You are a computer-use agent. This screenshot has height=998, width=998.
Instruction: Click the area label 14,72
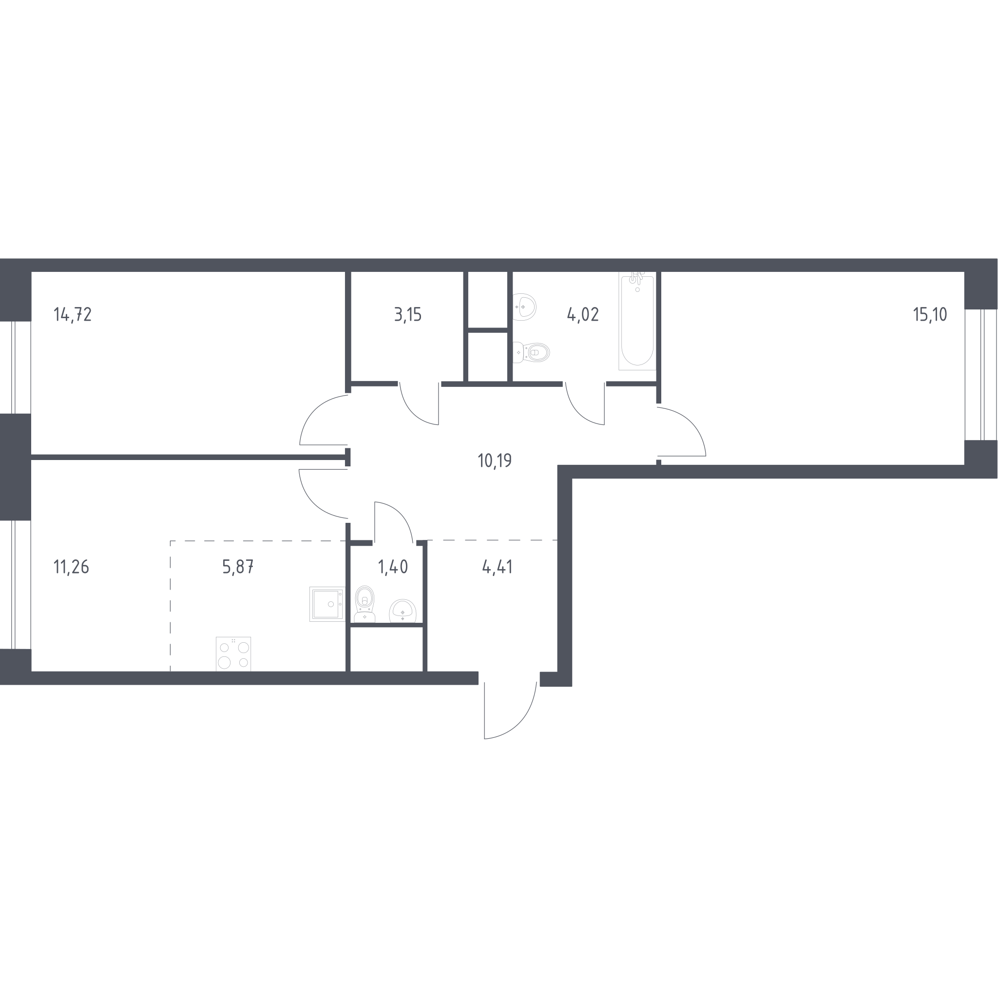point(73,314)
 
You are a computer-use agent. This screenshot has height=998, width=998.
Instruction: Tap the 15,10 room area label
point(930,314)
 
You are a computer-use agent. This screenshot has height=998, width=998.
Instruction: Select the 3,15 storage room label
point(408,314)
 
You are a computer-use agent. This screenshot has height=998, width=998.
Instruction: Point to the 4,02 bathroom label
point(583,314)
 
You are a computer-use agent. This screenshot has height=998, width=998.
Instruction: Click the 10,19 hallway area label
point(495,460)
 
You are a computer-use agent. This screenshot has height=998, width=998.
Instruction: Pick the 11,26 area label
point(71,567)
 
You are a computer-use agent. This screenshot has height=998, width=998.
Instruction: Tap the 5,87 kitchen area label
point(238,567)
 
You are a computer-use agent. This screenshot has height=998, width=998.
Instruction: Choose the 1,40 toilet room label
point(393,567)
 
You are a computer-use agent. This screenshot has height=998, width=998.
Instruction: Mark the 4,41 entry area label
point(497,567)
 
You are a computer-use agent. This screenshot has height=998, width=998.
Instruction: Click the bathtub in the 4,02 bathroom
point(637,321)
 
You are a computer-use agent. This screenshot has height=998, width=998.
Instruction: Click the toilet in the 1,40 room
point(365,604)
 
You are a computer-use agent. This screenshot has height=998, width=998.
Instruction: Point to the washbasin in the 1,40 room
point(403,611)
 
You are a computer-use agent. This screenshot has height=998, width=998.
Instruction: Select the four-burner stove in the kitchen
point(233,654)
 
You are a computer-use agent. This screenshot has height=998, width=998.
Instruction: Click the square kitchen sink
point(327,604)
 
